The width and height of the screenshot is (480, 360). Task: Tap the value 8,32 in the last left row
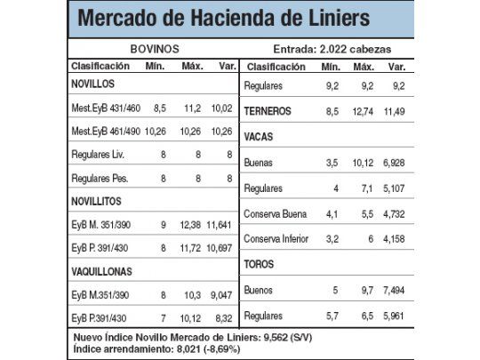pyautogui.click(x=223, y=317)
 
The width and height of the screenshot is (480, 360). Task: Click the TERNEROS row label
pyautogui.click(x=269, y=111)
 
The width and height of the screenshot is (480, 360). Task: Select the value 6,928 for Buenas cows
pyautogui.click(x=395, y=164)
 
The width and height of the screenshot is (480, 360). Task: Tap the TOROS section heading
pyautogui.click(x=260, y=265)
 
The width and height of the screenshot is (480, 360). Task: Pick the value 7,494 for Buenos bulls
pyautogui.click(x=395, y=290)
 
